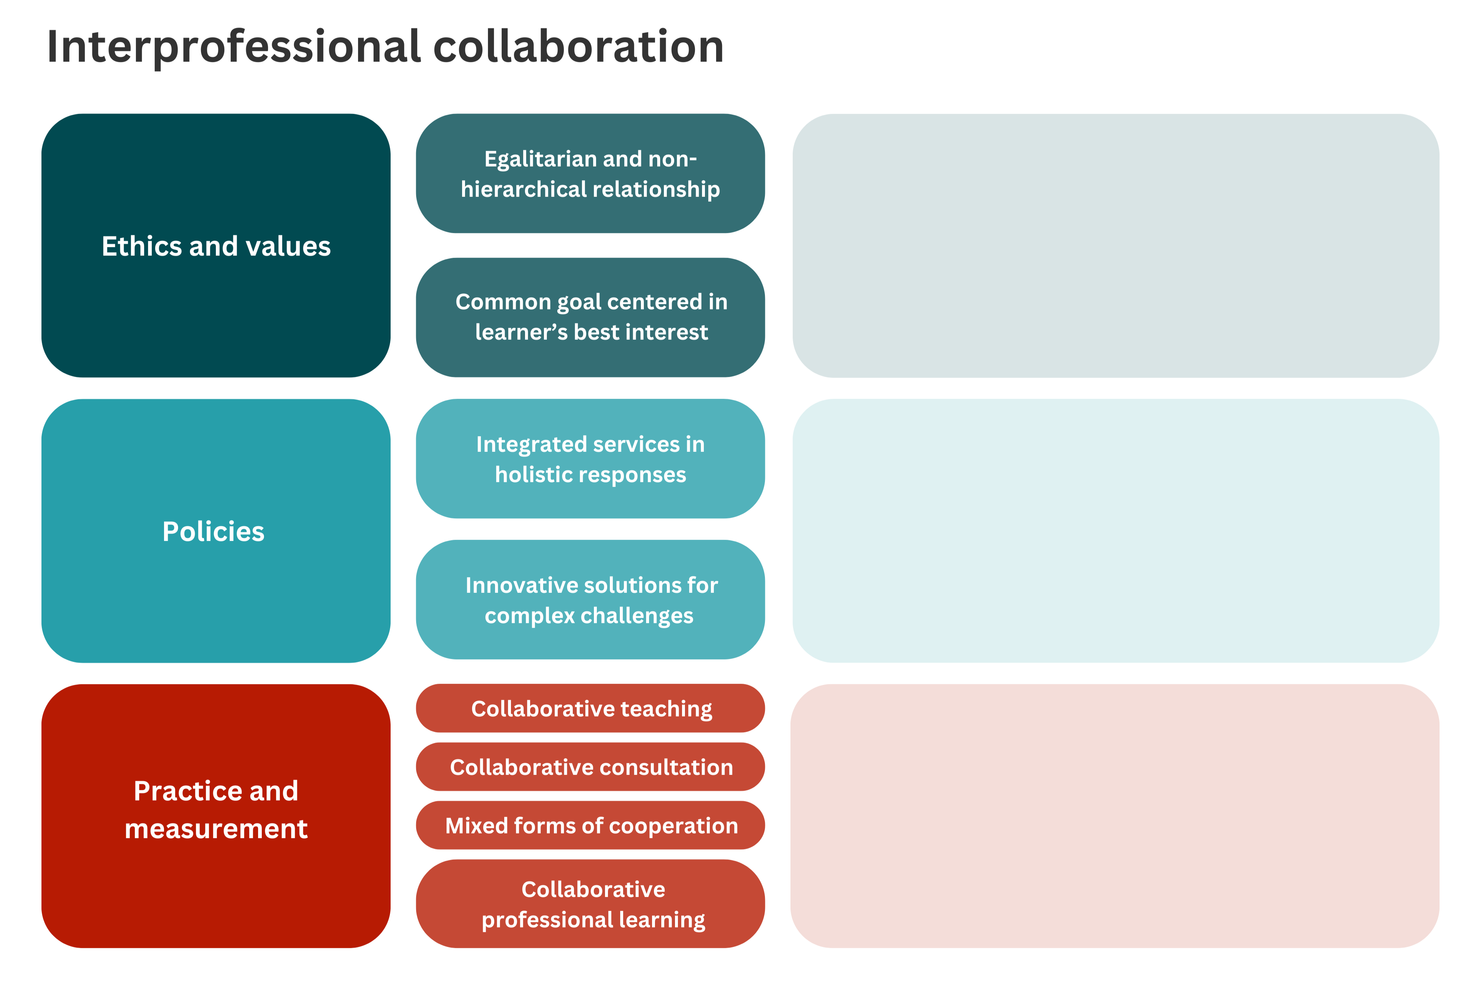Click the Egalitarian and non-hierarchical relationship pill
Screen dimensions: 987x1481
tap(590, 173)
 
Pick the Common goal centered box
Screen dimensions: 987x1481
tap(590, 317)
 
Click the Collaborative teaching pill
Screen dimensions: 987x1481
tap(590, 708)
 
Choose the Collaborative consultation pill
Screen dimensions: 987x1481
tap(590, 767)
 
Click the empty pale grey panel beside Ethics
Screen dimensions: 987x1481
tap(1115, 245)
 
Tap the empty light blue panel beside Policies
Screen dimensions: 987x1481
tap(1115, 531)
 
